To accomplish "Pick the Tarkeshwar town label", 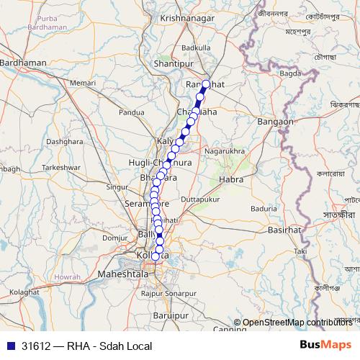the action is pyautogui.click(x=60, y=166).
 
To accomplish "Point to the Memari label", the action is pyautogui.click(x=82, y=84).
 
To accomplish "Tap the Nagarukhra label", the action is pyautogui.click(x=225, y=152).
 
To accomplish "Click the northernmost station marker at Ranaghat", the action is pyautogui.click(x=206, y=84).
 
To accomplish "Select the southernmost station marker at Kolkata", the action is pyautogui.click(x=156, y=256).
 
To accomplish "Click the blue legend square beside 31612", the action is pyautogui.click(x=9, y=346).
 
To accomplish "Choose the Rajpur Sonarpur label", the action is pyautogui.click(x=168, y=294).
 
